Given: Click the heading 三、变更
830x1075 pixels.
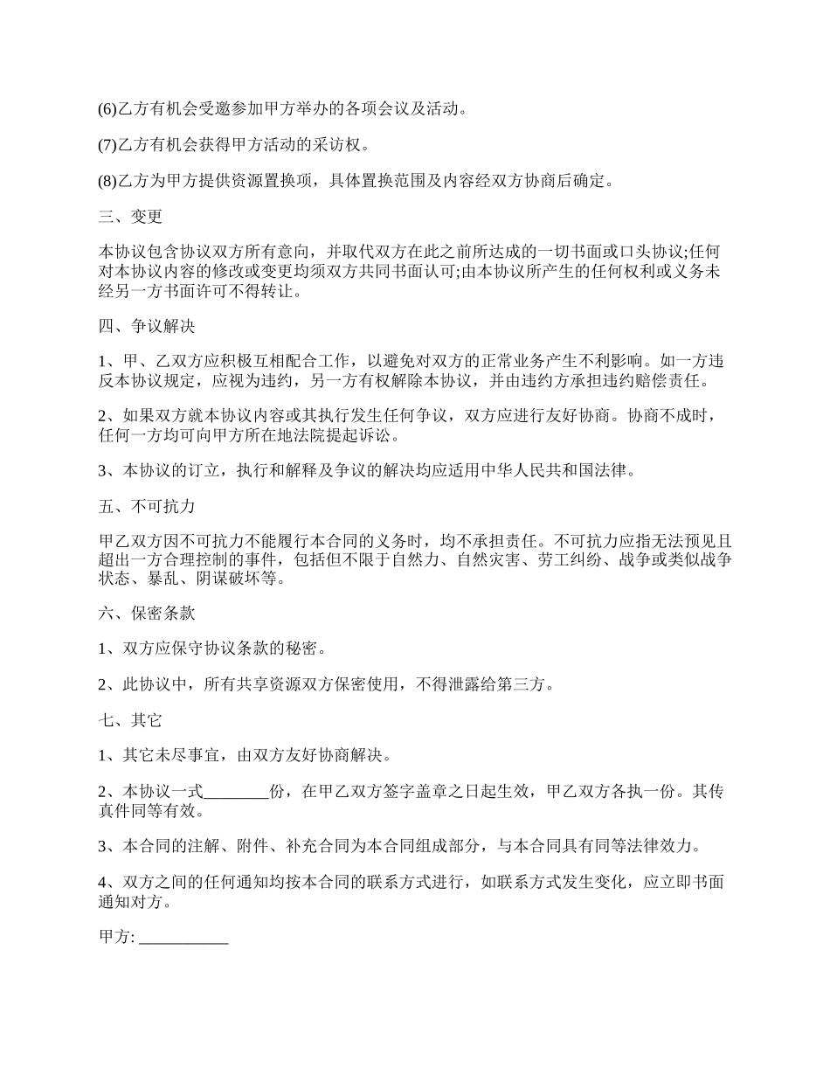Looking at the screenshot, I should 130,217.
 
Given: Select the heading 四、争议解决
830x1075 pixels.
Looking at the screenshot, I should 146,327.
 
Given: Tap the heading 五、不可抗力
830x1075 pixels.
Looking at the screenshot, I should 146,506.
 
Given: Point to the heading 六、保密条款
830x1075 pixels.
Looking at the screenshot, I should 146,614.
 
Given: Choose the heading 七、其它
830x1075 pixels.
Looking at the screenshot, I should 130,721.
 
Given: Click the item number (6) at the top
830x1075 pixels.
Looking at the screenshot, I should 107,109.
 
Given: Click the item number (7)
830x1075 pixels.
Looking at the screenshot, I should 107,145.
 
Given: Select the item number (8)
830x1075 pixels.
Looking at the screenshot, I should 107,181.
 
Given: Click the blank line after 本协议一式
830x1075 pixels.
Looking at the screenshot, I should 236,793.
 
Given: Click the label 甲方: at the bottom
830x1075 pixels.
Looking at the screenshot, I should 117,937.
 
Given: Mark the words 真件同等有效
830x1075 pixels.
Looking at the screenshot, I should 145,810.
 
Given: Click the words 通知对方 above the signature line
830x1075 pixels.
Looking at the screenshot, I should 131,903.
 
